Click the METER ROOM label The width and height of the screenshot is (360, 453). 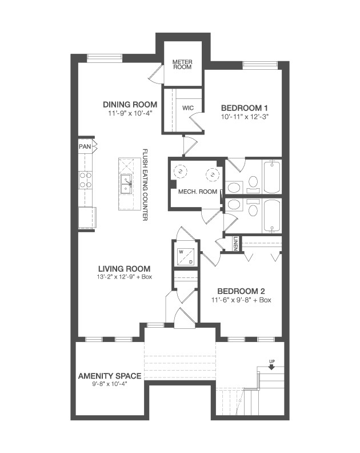(x=182, y=63)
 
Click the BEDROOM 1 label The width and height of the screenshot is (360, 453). (x=245, y=108)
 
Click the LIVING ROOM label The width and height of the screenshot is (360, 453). (x=124, y=268)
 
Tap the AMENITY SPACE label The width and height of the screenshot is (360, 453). (x=110, y=376)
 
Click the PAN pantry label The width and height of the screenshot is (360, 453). (x=85, y=146)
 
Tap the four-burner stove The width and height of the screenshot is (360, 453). (x=86, y=180)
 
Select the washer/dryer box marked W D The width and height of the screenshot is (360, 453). (x=186, y=256)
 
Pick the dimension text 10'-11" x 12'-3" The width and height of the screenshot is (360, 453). (x=245, y=116)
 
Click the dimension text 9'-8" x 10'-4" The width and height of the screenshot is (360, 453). (x=110, y=384)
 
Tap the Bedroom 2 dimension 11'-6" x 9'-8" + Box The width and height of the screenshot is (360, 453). (x=239, y=299)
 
